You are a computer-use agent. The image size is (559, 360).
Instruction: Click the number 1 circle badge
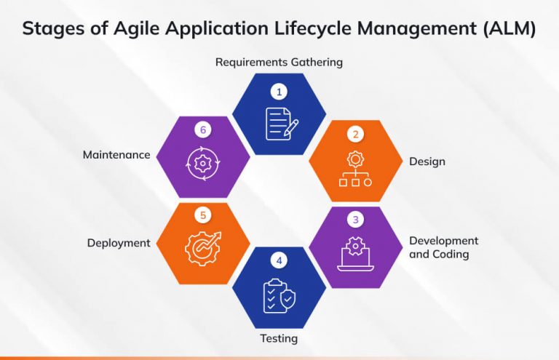pos(278,92)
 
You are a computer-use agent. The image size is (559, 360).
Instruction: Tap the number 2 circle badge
pos(355,134)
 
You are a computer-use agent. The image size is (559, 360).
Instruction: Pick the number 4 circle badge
pos(278,260)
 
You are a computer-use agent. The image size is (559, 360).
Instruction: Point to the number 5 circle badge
pos(203,216)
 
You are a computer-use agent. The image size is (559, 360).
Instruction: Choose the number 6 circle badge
pos(203,131)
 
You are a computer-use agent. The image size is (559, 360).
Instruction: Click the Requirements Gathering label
pos(279,62)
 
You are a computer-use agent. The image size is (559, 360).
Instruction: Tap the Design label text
pos(427,161)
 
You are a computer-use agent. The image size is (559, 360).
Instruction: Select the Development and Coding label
pos(443,247)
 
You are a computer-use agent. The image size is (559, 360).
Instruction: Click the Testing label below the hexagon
pos(279,338)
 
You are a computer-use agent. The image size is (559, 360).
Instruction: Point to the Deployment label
pos(119,243)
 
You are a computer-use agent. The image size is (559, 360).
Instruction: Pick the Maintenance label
pos(116,155)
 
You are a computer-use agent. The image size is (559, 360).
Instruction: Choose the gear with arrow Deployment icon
pos(203,247)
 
